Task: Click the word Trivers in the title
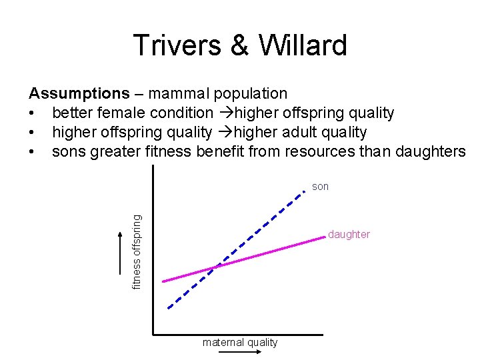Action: point(177,45)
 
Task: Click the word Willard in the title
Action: point(303,45)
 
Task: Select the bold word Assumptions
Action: point(79,94)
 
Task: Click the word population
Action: point(251,94)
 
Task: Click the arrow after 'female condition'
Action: point(227,113)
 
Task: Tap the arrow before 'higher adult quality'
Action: point(225,132)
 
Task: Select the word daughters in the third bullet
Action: point(431,151)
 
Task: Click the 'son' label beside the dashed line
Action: point(320,187)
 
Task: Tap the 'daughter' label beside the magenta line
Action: point(349,235)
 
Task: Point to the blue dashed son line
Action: point(236,250)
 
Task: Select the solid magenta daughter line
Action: point(244,259)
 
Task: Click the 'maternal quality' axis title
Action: point(240,342)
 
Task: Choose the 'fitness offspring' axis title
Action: point(137,252)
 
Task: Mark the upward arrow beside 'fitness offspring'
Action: point(120,253)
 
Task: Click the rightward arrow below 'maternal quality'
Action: point(240,352)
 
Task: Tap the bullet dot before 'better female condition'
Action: point(31,113)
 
